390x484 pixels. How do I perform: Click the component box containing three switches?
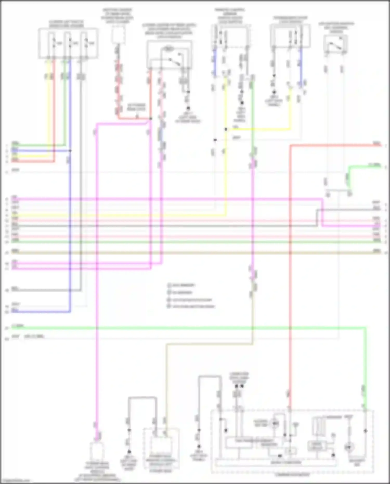click(x=68, y=43)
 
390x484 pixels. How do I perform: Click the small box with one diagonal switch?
click(x=336, y=44)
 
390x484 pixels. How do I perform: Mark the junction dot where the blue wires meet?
click(x=70, y=151)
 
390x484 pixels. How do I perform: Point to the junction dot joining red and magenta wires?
click(x=151, y=119)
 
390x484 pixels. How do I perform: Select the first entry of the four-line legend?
click(x=181, y=285)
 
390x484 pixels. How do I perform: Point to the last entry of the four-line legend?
click(x=191, y=306)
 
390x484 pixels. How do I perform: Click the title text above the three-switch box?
click(x=67, y=24)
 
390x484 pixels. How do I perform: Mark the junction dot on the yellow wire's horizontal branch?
click(x=226, y=129)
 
